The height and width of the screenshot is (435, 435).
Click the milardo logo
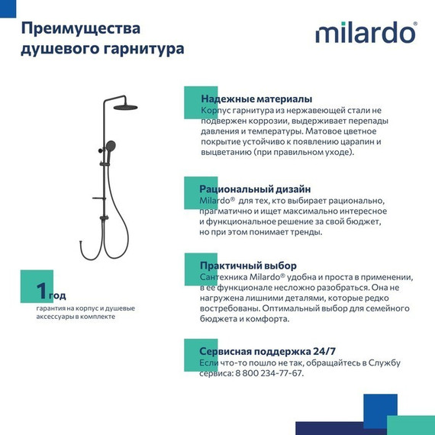click(x=366, y=34)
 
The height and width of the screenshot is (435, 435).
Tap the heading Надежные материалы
click(x=256, y=99)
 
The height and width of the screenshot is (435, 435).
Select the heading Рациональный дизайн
click(x=255, y=188)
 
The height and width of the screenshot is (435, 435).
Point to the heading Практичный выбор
click(x=247, y=266)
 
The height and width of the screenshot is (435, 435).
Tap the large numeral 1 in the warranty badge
click(x=40, y=290)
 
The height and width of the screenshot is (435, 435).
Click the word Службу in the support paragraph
click(x=384, y=362)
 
